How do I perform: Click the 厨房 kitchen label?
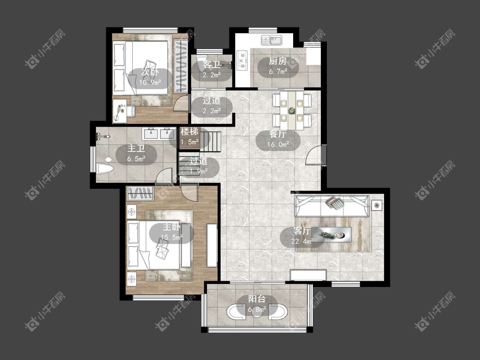(x=278, y=61)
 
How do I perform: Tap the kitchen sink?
(x=272, y=41)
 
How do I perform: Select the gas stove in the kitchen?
(x=242, y=61)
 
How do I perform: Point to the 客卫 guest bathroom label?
(x=212, y=65)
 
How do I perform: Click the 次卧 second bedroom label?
(x=150, y=73)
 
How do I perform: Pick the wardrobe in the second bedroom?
(x=180, y=66)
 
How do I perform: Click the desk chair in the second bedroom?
(x=130, y=111)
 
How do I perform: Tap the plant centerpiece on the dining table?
(x=291, y=110)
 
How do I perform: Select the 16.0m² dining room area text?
(x=278, y=145)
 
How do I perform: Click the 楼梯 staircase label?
(x=189, y=132)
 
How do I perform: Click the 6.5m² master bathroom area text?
(x=136, y=159)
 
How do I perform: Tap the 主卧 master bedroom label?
(x=172, y=227)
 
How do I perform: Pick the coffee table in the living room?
(x=332, y=235)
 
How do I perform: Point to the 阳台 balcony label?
(x=256, y=299)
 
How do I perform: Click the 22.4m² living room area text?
(x=302, y=241)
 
